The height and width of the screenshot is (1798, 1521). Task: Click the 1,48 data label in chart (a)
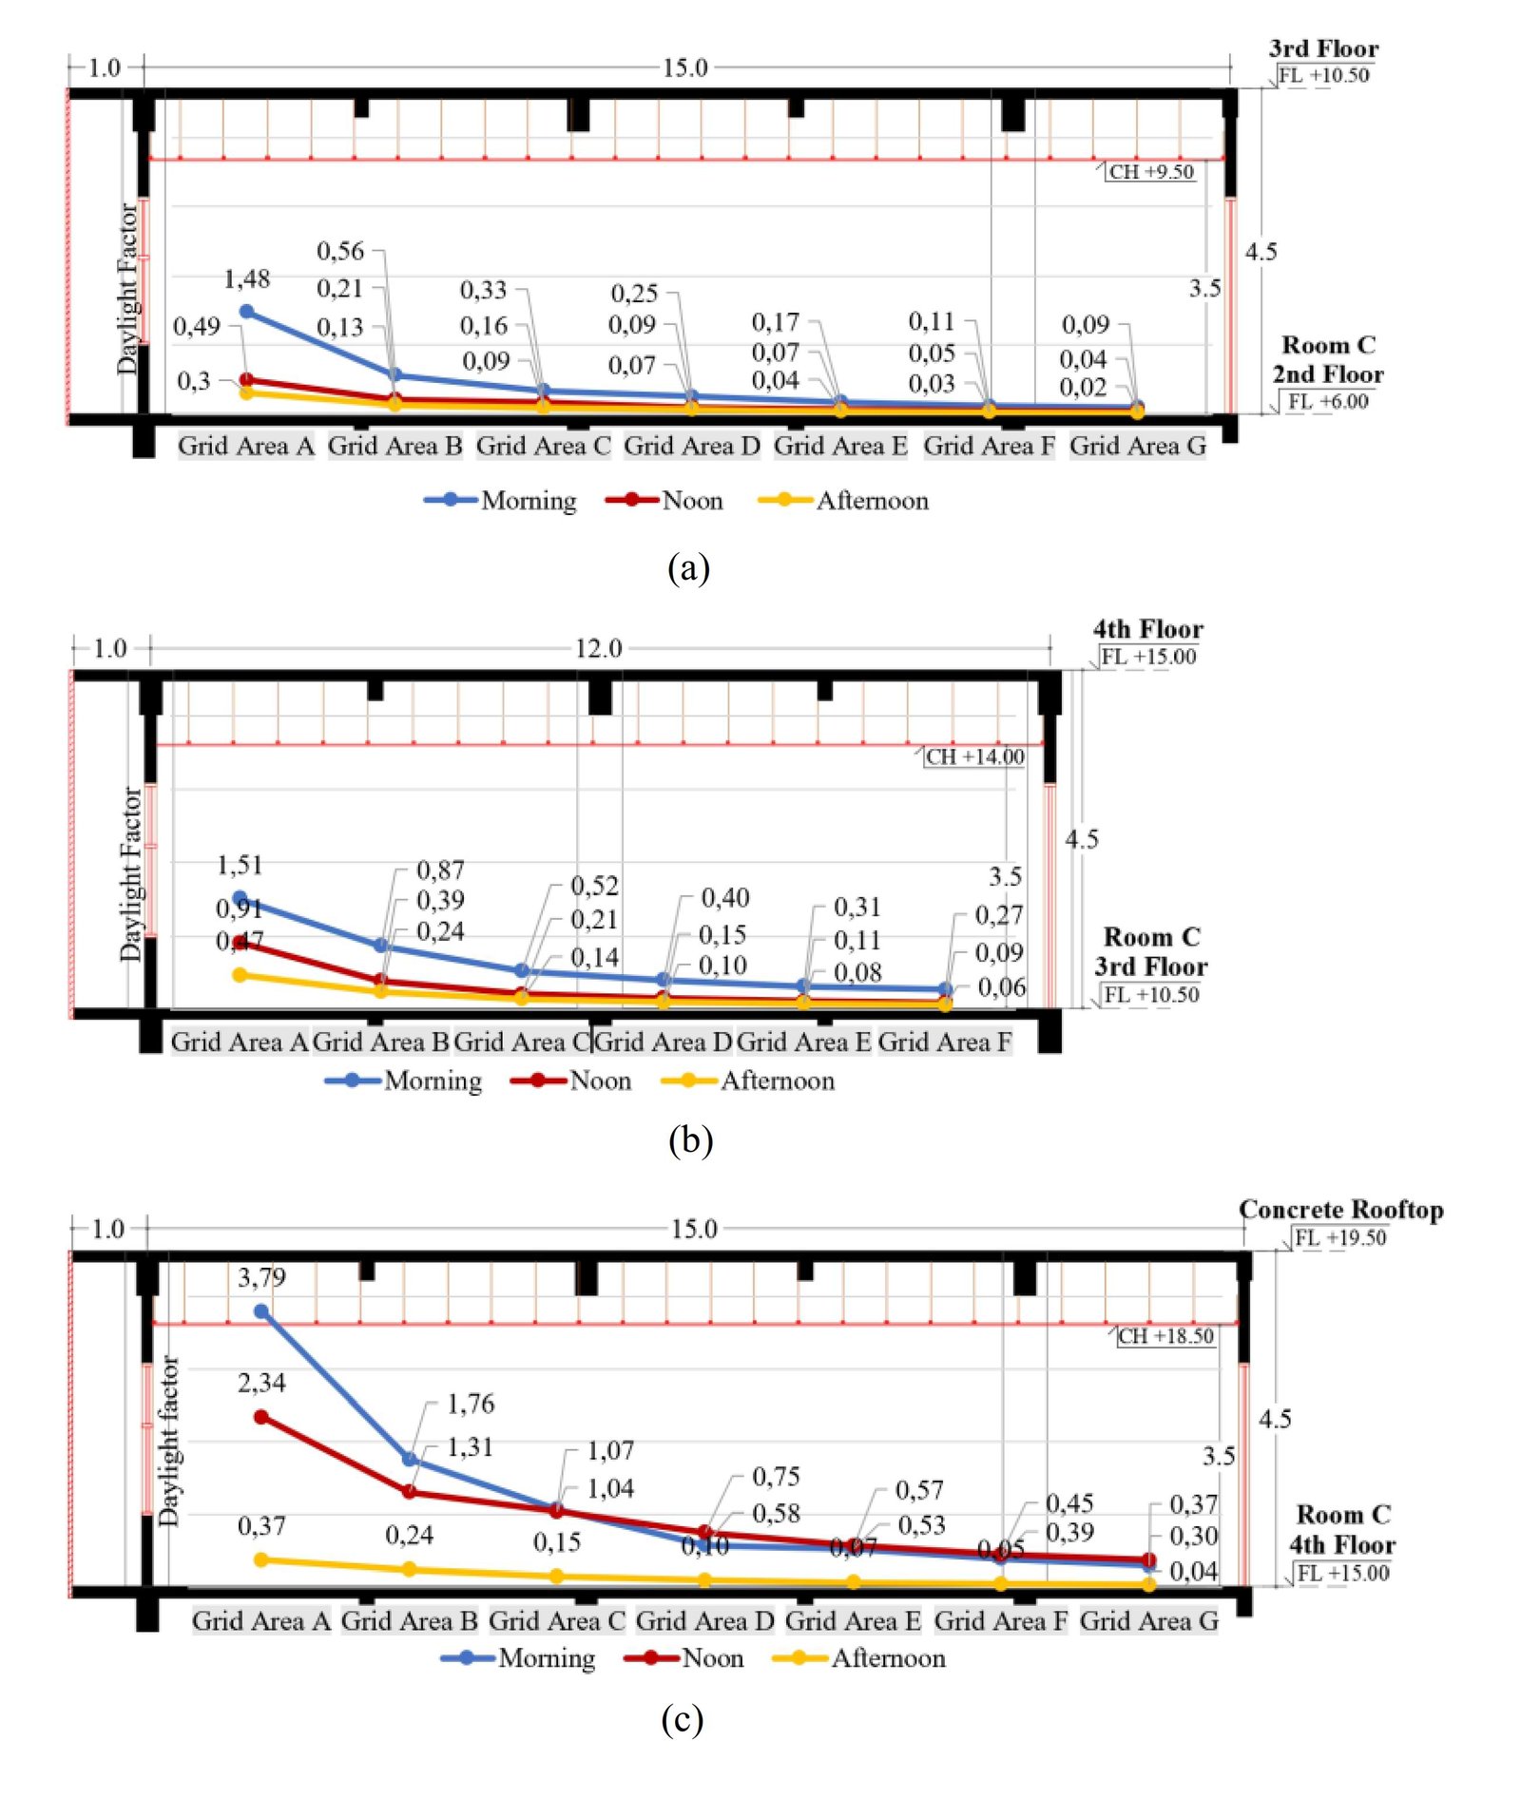246,278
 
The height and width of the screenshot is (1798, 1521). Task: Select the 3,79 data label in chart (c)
261,1276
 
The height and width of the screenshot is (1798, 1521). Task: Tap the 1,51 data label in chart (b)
240,865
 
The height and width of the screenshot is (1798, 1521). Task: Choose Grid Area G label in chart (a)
1137,446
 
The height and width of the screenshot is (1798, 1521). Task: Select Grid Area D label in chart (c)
704,1620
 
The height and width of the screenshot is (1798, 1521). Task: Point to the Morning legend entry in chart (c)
518,1658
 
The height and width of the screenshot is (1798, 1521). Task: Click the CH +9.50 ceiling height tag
1150,172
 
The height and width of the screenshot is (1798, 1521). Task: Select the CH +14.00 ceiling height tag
974,756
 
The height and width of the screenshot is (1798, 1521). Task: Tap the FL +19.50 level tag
1340,1237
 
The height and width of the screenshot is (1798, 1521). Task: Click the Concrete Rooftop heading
1340,1210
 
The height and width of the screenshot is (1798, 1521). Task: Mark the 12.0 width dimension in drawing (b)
598,648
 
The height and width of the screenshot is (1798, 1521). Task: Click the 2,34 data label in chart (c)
261,1382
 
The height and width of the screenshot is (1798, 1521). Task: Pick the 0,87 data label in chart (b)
440,870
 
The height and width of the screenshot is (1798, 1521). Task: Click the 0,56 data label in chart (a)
340,251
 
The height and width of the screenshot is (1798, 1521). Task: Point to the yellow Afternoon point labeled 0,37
261,1559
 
